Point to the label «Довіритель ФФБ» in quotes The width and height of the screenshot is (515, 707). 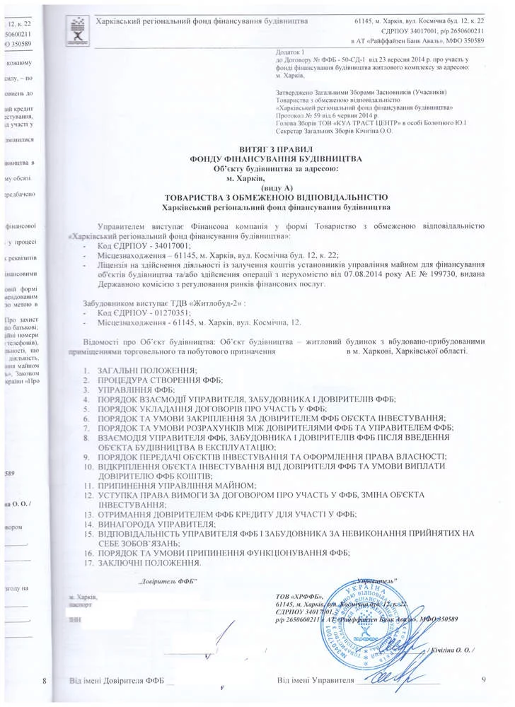coord(166,580)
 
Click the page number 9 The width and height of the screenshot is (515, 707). coord(483,680)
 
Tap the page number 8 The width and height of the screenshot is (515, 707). coord(45,681)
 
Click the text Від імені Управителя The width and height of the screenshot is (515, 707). coord(315,681)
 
